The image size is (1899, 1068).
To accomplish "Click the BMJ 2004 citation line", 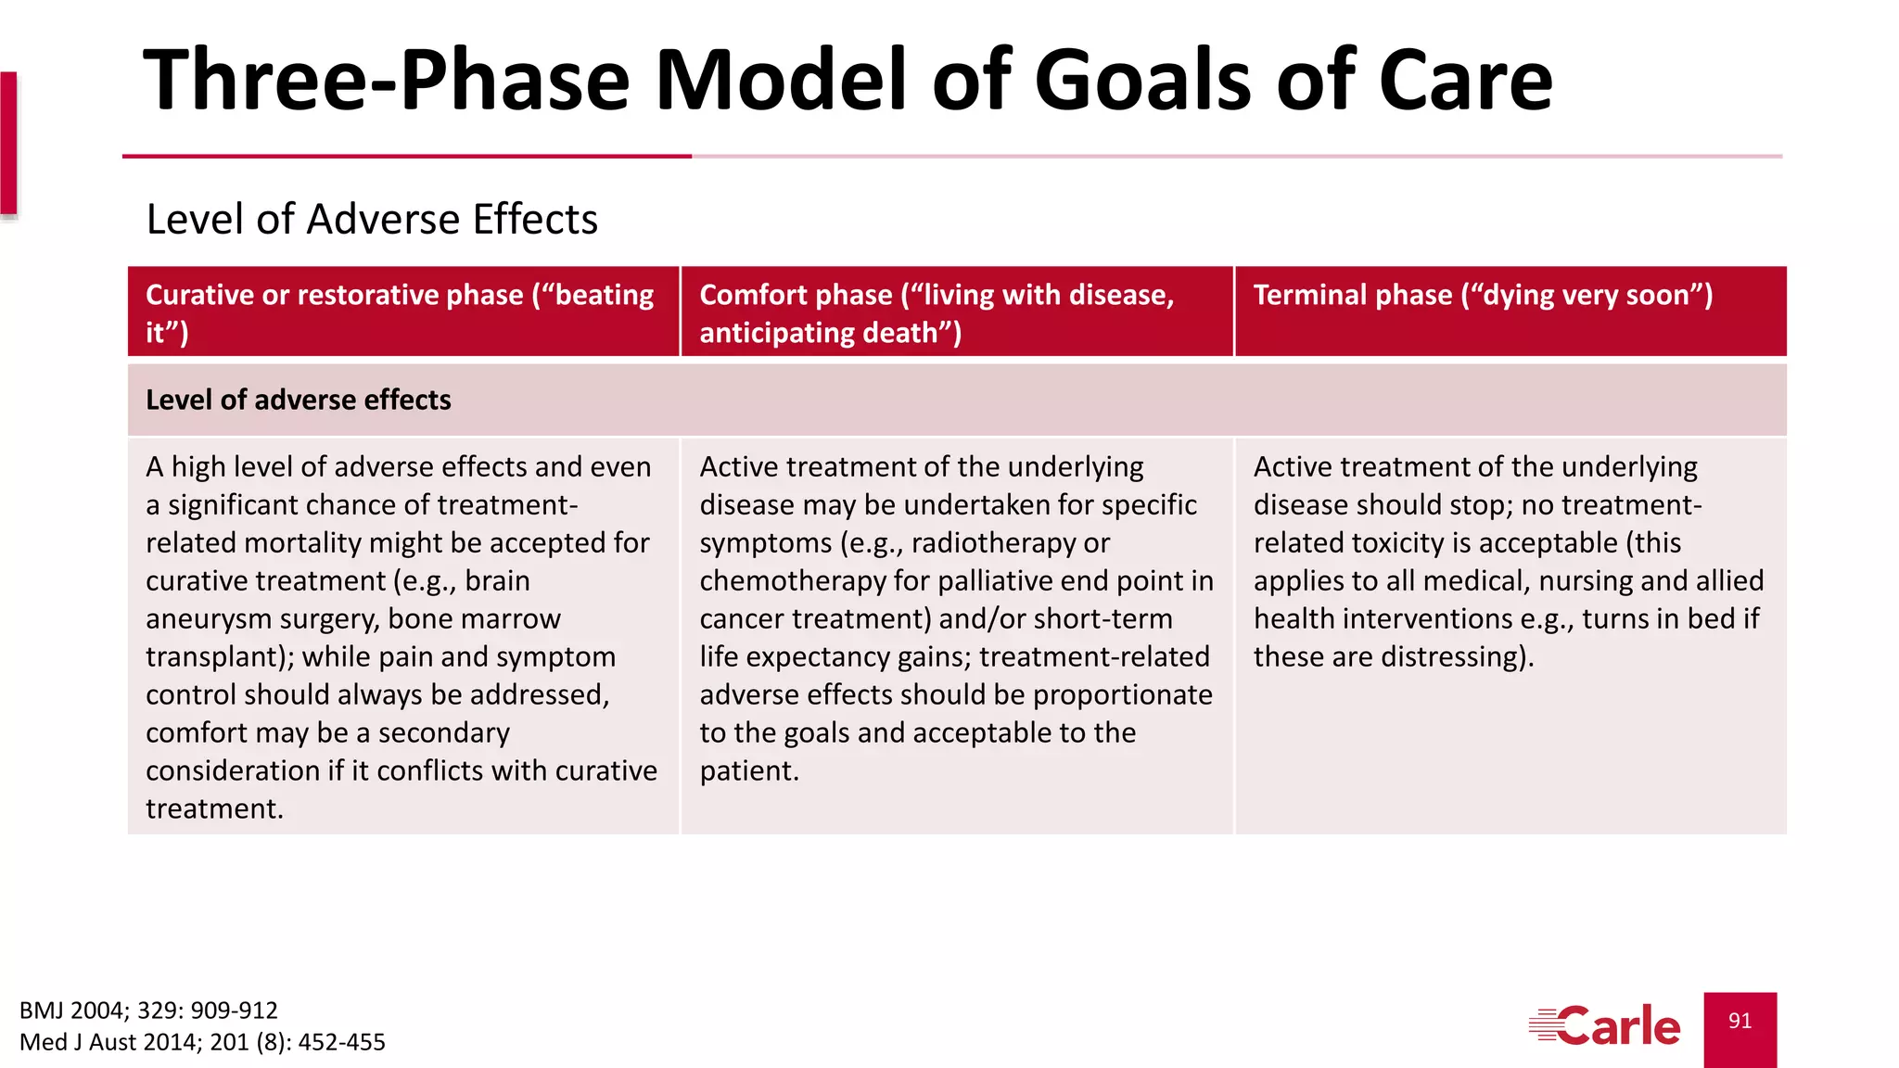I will pyautogui.click(x=148, y=1010).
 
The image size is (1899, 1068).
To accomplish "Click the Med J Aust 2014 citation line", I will pyautogui.click(x=202, y=1042).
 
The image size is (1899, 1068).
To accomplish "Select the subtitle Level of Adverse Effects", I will pyautogui.click(x=372, y=220).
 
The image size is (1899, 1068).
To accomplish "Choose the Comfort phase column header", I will pyautogui.click(x=937, y=313).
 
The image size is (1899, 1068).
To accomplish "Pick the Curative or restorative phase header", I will pyautogui.click(x=400, y=313).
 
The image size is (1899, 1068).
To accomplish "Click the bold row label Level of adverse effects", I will pyautogui.click(x=298, y=400).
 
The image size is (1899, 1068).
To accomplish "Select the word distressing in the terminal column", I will pyautogui.click(x=1451, y=656).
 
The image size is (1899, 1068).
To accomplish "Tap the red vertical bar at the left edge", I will pyautogui.click(x=8, y=144).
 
